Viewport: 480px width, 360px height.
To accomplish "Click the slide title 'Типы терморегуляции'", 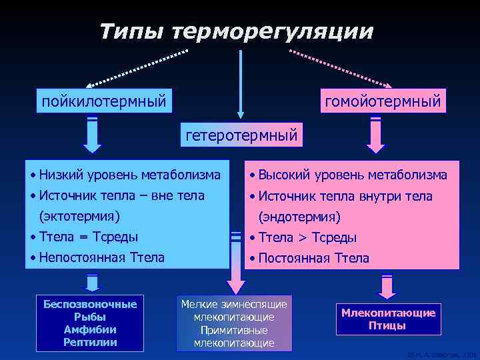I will [237, 31].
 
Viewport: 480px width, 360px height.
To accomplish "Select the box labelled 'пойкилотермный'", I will [103, 102].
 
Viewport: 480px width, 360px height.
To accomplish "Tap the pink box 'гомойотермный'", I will [382, 102].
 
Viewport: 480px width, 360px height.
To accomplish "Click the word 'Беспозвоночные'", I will [90, 304].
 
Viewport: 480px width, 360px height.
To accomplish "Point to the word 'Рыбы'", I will [90, 317].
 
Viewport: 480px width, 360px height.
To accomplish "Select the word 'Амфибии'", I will [90, 329].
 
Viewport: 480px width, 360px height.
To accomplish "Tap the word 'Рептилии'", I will [90, 342].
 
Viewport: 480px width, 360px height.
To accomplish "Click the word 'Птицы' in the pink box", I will [388, 326].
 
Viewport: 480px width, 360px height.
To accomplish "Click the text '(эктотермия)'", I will [79, 216].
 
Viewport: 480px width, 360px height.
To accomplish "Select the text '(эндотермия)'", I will [299, 217].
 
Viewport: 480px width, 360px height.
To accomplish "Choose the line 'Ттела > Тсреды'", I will [307, 237].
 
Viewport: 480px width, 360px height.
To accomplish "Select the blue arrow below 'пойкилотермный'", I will [92, 135].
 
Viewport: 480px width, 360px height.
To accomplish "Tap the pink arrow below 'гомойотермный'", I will [375, 135].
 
